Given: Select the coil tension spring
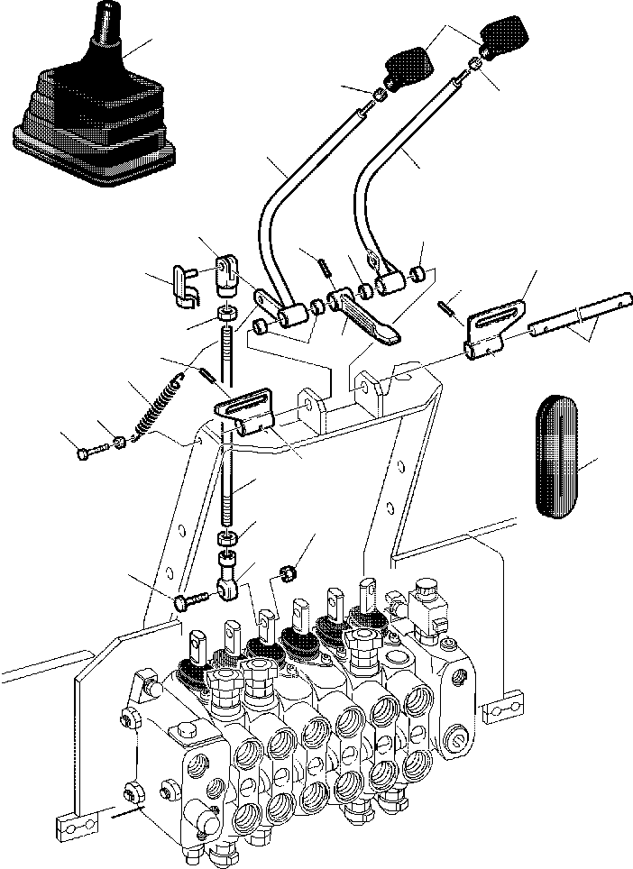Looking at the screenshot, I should (x=154, y=411).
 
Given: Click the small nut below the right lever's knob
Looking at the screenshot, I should (x=473, y=66).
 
